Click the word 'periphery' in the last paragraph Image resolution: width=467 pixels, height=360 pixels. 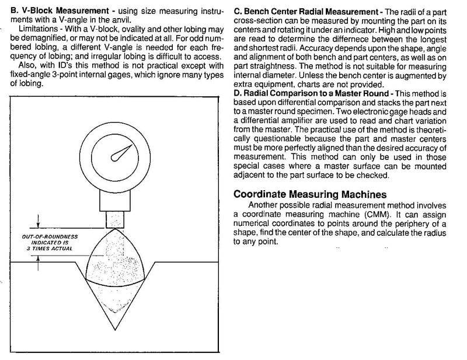point(412,223)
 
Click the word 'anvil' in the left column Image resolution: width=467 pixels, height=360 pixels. point(137,20)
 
